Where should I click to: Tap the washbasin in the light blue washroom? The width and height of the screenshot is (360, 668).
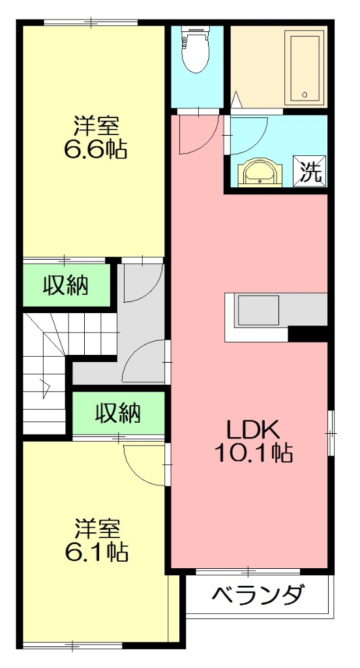(x=262, y=174)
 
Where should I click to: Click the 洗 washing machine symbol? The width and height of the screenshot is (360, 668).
(x=311, y=172)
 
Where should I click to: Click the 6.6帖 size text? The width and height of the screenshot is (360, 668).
(x=95, y=149)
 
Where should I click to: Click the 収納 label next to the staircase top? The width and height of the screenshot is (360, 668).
(x=66, y=286)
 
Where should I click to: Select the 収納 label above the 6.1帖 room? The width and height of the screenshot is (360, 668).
(x=118, y=412)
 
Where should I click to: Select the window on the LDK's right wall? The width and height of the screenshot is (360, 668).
(x=331, y=433)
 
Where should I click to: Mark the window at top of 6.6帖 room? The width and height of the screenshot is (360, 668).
(x=91, y=23)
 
